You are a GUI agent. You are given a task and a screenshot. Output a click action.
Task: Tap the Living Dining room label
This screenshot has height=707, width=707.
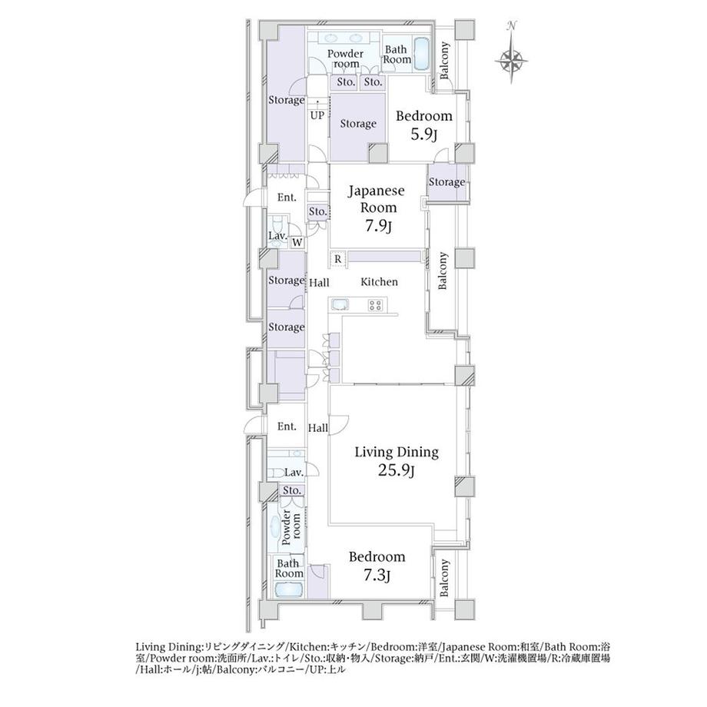(397, 452)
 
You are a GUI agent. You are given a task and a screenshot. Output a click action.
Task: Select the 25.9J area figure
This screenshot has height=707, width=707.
(396, 471)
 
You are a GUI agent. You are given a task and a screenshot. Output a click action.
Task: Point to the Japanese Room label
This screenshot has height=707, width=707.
(376, 199)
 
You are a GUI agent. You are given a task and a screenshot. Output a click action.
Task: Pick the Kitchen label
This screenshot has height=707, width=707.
(379, 282)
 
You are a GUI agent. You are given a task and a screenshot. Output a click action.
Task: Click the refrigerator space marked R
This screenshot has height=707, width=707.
(337, 260)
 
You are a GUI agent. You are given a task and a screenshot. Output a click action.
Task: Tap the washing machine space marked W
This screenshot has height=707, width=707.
(297, 243)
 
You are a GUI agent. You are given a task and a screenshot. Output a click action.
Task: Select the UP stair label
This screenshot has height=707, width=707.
(317, 115)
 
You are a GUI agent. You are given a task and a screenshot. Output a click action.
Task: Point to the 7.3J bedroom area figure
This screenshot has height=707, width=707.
(377, 576)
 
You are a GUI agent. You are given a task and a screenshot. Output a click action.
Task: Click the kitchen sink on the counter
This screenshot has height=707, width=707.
(341, 305)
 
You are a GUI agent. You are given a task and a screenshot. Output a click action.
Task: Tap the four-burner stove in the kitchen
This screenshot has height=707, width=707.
(375, 305)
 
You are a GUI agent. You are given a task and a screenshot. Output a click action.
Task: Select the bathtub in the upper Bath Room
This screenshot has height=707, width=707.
(422, 54)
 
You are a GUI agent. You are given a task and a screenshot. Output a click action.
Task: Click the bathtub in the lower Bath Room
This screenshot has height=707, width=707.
(289, 589)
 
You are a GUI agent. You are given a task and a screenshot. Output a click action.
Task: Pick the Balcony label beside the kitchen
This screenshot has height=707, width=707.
(443, 271)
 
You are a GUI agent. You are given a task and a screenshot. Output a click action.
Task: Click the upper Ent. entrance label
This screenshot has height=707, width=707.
(287, 197)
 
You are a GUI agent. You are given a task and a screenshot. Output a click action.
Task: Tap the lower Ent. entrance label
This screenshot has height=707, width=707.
(287, 427)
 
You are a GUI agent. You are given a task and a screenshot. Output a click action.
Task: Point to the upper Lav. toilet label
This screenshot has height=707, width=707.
(277, 236)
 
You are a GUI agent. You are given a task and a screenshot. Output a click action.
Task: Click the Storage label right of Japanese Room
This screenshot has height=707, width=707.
(446, 182)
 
